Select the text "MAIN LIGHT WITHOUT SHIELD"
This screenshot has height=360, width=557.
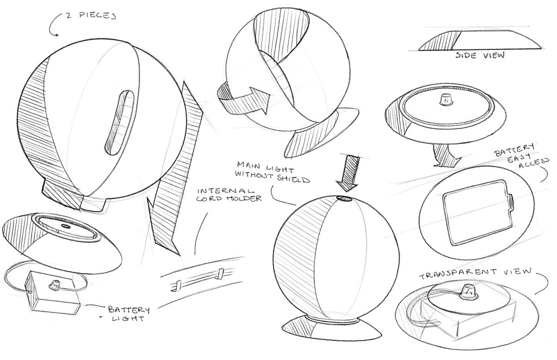(272, 172)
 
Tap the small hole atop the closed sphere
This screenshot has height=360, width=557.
(345, 198)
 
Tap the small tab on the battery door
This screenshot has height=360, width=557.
(511, 202)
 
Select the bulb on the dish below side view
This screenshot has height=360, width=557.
(446, 99)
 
